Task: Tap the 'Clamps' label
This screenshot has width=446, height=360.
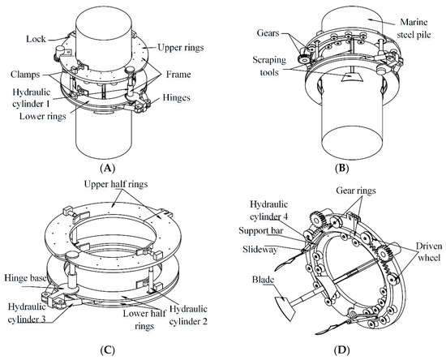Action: coord(27,75)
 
